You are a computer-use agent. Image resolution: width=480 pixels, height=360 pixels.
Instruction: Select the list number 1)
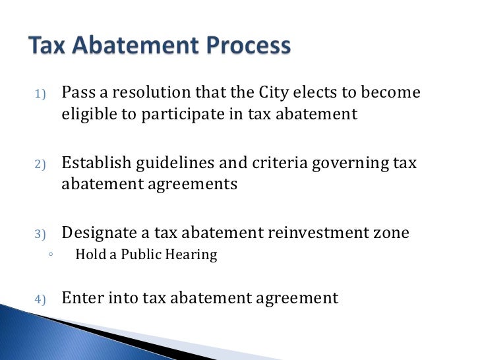(38, 94)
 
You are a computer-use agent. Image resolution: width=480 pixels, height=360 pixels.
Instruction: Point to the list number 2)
(38, 164)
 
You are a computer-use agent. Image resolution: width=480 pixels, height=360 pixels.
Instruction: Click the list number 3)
(38, 233)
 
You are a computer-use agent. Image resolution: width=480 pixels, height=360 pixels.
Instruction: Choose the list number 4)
(38, 299)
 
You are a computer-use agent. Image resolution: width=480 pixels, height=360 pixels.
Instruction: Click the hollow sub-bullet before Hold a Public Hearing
(50, 255)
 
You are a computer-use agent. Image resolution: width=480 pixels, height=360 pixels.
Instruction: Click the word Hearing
(192, 255)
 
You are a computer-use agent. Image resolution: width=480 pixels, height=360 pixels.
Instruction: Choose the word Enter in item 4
(81, 297)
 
